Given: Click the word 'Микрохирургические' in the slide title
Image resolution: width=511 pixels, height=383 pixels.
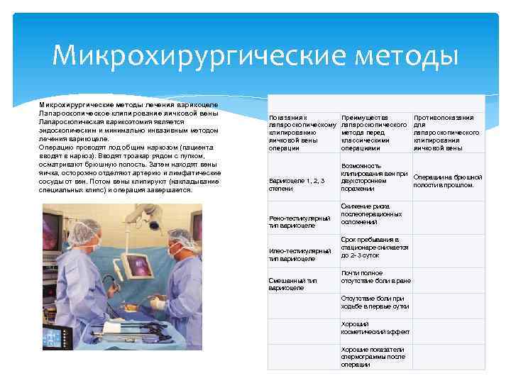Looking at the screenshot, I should (190, 54).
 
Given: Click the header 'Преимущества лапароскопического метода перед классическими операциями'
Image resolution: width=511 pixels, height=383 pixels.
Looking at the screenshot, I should (375, 132).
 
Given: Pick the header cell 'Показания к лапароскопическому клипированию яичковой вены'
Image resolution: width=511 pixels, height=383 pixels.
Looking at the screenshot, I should (302, 132).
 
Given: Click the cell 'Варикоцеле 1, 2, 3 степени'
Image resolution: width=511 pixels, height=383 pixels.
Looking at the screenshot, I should (297, 184).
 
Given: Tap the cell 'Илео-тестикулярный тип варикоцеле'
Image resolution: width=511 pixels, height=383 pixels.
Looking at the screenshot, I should (300, 255).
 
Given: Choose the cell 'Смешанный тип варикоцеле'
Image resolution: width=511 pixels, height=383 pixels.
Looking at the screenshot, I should (293, 284).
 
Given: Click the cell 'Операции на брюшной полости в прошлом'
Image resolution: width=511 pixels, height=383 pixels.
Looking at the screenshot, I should (447, 181).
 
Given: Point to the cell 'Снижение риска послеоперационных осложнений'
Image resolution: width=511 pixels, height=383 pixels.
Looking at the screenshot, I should (372, 213).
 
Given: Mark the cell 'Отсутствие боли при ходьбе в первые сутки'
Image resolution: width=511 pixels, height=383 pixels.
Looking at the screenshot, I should (373, 302).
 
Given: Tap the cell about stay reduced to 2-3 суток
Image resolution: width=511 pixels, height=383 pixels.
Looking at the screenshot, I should (375, 248).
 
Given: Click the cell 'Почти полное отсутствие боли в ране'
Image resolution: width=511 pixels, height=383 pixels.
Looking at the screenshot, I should (375, 277).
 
